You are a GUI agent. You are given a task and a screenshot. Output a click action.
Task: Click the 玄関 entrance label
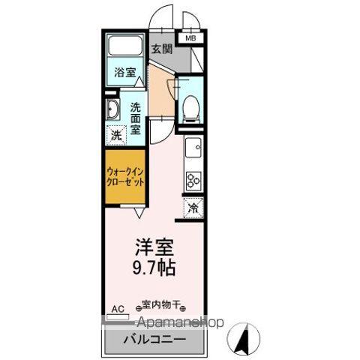161,50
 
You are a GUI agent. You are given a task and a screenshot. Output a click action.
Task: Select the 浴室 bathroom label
124,73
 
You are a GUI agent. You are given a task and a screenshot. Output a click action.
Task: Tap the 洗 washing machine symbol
115,136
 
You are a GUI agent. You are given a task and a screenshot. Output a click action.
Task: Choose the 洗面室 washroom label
136,118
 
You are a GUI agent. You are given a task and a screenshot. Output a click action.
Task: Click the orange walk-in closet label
124,176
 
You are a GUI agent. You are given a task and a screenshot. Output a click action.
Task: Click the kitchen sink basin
193,147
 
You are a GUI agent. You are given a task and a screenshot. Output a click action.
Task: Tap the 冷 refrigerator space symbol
193,208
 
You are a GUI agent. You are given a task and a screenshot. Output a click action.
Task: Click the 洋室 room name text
154,246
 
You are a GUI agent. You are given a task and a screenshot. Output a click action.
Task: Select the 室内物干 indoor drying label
161,305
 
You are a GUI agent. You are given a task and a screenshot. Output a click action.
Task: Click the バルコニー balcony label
154,338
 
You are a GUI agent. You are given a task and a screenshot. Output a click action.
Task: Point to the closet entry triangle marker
139,211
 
